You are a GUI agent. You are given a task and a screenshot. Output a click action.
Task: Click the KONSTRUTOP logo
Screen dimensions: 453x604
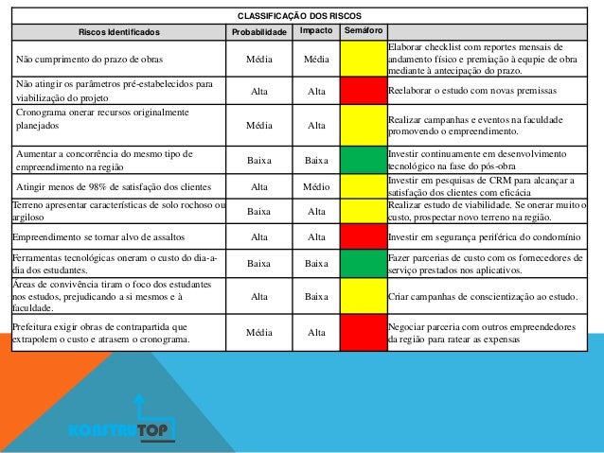pyautogui.click(x=122, y=431)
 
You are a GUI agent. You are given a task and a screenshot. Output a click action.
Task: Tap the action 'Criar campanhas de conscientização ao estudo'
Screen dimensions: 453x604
pyautogui.click(x=484, y=296)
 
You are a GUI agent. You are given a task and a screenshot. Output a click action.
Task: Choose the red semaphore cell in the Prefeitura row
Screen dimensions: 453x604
pyautogui.click(x=364, y=332)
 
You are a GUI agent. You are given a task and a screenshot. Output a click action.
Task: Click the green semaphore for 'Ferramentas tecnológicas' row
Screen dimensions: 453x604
pyautogui.click(x=364, y=264)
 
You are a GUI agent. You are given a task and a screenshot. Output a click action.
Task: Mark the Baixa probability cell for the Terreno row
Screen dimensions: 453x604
pyautogui.click(x=258, y=212)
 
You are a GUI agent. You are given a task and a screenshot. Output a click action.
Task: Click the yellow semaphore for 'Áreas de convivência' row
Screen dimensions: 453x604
pyautogui.click(x=364, y=296)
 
